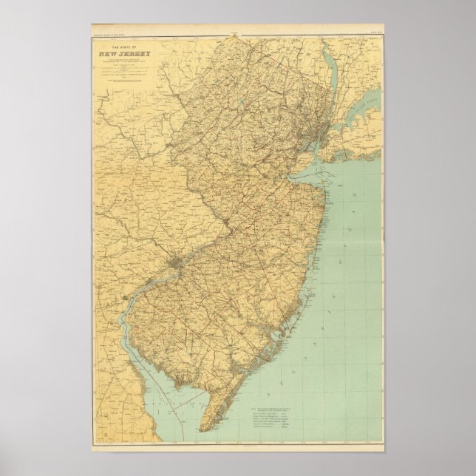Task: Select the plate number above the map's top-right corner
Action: [375, 32]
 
